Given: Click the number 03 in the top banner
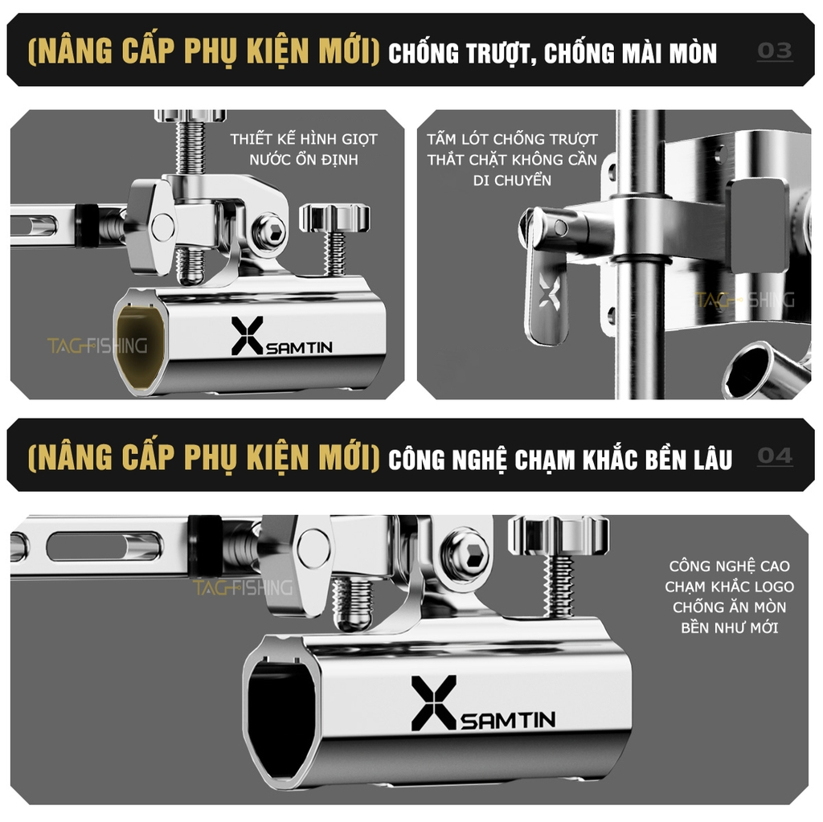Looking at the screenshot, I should point(775,51).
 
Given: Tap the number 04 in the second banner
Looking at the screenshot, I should point(775,456).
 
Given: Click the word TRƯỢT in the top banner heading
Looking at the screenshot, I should point(495,53).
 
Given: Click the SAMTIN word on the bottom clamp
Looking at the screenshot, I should point(508,718).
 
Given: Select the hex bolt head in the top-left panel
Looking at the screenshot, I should point(268,231).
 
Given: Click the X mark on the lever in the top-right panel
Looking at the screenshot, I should point(550,294).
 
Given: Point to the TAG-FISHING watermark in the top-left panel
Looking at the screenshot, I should point(97,346).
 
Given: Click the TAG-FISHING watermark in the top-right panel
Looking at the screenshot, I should point(745,301).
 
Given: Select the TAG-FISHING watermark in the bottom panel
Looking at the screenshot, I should point(242,588).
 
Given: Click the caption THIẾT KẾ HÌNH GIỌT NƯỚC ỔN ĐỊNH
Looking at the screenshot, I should point(303,149).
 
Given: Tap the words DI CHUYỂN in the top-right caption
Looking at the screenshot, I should point(512,180).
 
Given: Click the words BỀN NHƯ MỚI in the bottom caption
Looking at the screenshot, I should point(729,628).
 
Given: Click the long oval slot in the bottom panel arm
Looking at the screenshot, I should point(103,546).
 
